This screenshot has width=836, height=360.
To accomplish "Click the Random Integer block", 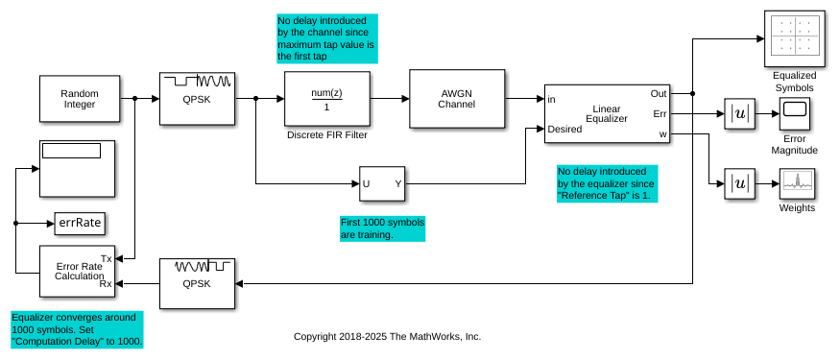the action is [79, 99].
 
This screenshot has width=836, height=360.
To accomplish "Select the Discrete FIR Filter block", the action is [327, 99].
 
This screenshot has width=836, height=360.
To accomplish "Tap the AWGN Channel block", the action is [457, 99].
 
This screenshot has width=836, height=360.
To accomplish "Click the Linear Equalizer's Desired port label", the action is [565, 129].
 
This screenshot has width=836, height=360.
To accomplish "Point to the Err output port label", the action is [660, 114].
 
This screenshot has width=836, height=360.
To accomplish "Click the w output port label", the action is [663, 134].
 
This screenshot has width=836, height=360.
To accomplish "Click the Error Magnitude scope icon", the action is [794, 114].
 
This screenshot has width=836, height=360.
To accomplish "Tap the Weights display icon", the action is [797, 184].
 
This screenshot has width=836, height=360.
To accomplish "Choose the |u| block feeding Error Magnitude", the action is [740, 114].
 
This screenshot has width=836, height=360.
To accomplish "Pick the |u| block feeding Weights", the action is [740, 184].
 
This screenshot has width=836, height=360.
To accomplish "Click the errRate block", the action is [79, 223].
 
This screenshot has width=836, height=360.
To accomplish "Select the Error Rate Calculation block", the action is [77, 271].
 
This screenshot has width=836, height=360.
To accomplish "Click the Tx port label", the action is [106, 259].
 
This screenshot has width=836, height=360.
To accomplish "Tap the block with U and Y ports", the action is [382, 184].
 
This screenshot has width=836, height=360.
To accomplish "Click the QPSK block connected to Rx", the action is [197, 283].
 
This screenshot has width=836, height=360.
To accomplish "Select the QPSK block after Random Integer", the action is [197, 99].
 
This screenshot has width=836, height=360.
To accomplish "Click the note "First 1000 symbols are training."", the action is [382, 228].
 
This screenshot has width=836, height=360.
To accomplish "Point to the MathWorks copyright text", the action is [387, 337].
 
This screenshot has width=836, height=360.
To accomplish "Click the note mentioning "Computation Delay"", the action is [77, 330].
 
